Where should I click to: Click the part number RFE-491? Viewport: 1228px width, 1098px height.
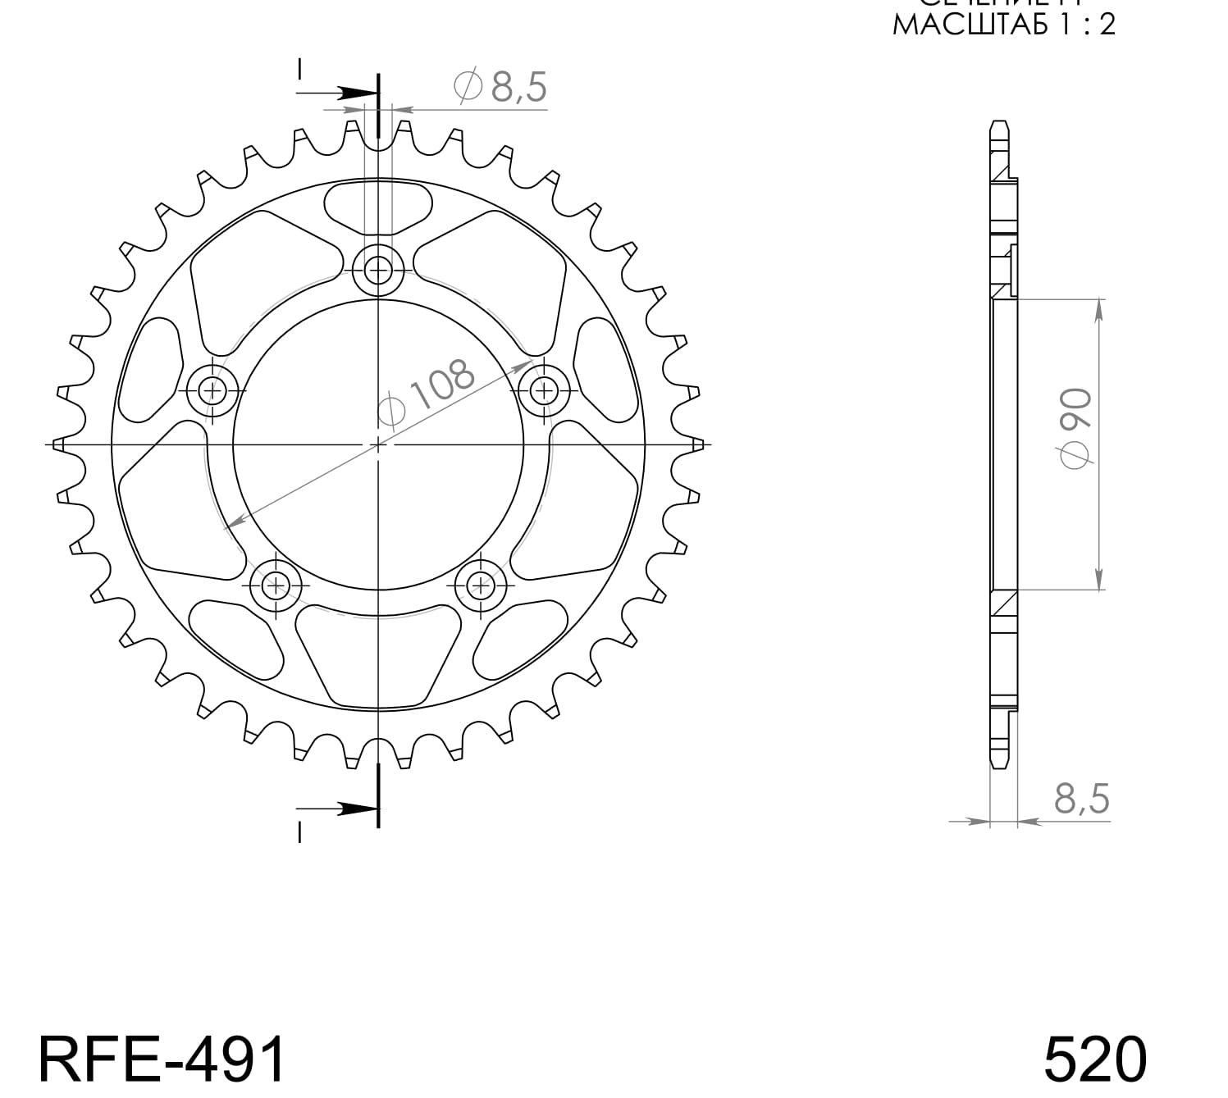[x=162, y=1059]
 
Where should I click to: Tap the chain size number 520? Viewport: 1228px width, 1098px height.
[x=1094, y=1059]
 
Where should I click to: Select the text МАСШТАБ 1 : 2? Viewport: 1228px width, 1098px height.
[x=1003, y=25]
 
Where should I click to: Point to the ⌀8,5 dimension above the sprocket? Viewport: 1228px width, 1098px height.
[x=500, y=86]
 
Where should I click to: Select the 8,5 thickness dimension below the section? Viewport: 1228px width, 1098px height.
[x=1081, y=798]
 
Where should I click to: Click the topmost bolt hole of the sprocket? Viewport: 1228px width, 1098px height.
[x=378, y=268]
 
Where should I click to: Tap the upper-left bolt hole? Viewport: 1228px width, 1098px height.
[x=213, y=390]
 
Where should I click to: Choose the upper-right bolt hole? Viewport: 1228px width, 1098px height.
[x=543, y=389]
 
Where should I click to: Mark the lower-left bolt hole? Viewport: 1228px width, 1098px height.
[x=276, y=585]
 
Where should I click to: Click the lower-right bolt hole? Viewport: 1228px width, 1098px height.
[x=481, y=585]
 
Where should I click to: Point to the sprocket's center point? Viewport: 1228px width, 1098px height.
[x=378, y=444]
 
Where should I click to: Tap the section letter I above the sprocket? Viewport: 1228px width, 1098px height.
[x=300, y=70]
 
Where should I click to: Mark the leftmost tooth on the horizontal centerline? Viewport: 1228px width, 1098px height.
[x=58, y=444]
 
